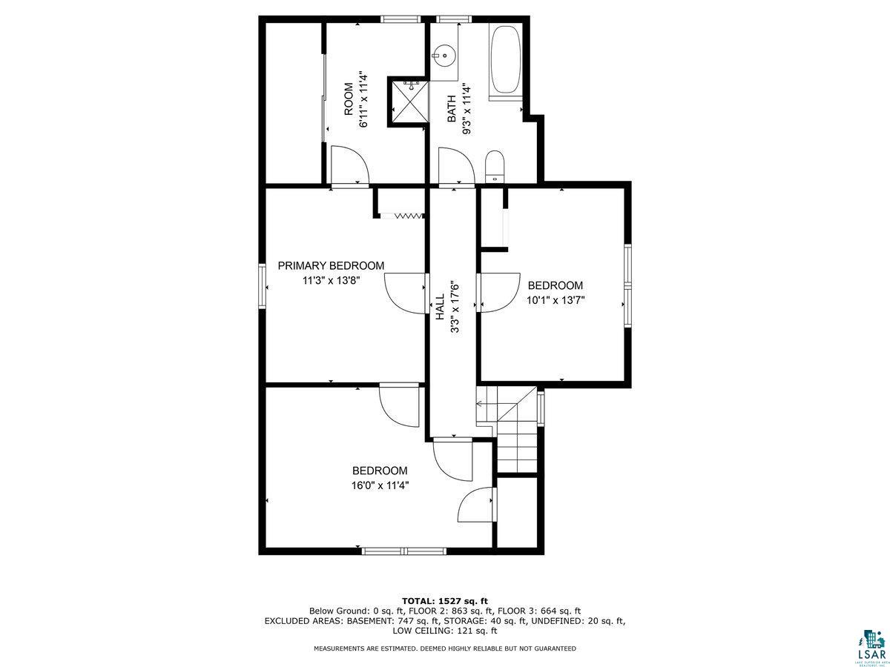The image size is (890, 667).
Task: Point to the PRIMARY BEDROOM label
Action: (331, 266)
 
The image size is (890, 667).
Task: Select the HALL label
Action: (439, 306)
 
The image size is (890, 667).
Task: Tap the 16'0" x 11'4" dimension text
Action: (380, 485)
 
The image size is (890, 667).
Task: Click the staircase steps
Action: (516, 437)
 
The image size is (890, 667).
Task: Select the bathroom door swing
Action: (454, 166)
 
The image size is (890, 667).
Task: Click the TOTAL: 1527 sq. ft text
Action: (445, 600)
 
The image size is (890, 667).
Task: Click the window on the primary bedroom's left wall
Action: (262, 285)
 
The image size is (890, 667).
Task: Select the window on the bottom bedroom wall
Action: (403, 551)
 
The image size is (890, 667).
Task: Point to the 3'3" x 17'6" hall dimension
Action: (455, 306)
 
